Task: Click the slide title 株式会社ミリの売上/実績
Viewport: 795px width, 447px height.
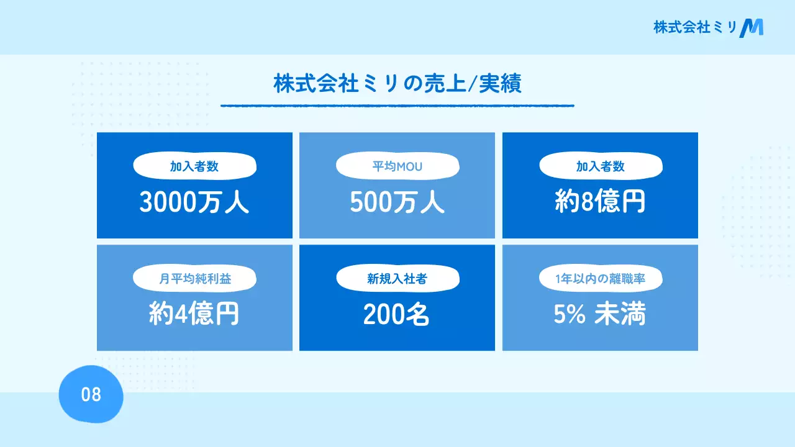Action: coord(397,84)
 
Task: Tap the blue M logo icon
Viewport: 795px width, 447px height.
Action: coord(752,27)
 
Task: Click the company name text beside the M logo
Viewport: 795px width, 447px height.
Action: coord(694,27)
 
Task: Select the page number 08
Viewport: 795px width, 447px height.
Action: coord(91,394)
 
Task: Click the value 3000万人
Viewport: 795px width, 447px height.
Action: coord(194,203)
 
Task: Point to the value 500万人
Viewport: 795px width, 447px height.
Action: coord(397,203)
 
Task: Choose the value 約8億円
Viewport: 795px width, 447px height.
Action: coord(600,203)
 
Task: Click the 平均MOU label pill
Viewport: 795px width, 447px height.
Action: coord(397,166)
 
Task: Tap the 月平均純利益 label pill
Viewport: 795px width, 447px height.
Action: coord(194,279)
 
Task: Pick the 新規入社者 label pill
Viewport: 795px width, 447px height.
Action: coord(397,279)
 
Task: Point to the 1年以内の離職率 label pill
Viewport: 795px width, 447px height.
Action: coord(600,279)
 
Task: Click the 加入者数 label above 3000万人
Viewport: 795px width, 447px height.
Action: coord(194,166)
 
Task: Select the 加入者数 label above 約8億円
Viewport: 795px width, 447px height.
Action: coord(600,166)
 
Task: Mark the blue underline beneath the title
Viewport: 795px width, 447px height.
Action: coord(397,106)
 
